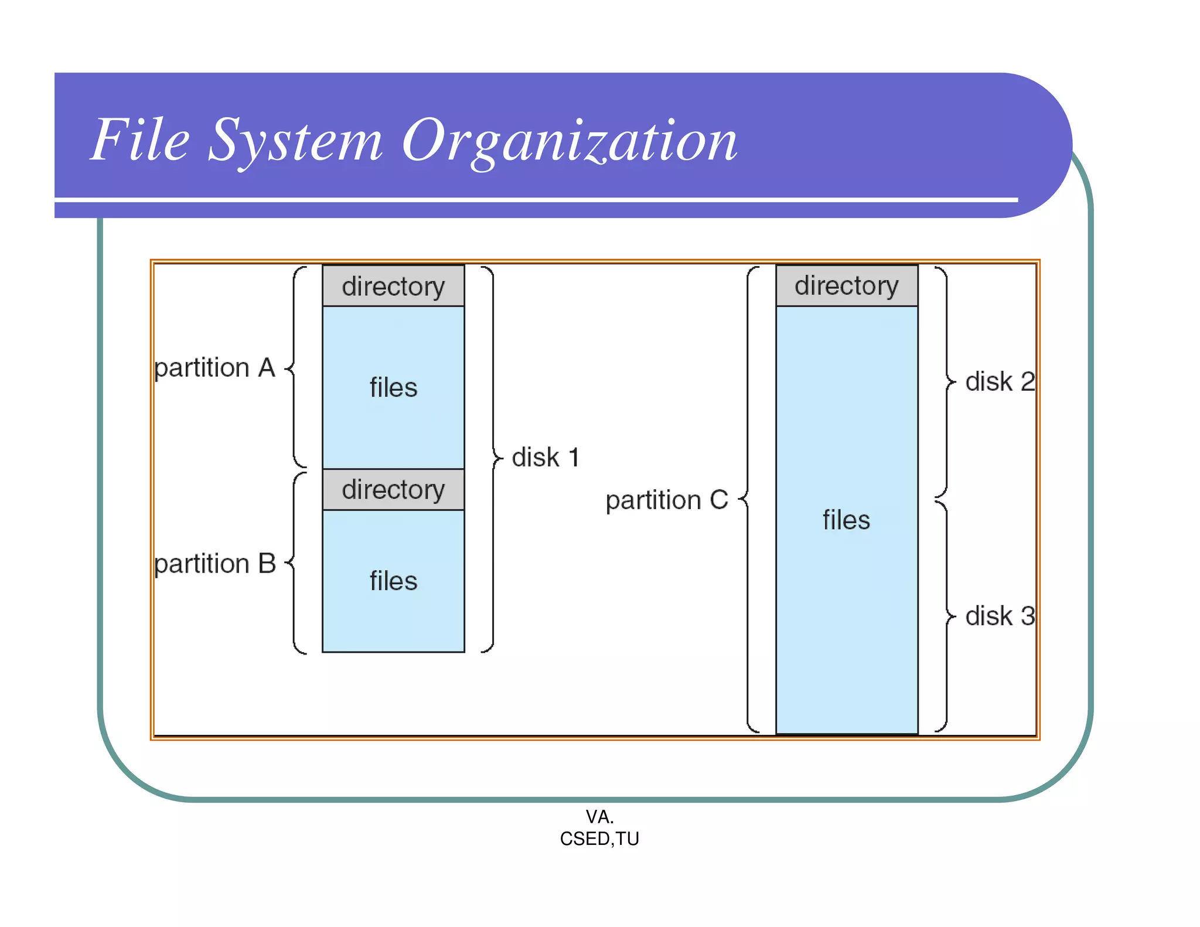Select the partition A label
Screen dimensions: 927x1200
214,368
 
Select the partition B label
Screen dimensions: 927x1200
214,564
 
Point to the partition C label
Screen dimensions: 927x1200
666,500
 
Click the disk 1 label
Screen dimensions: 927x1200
546,458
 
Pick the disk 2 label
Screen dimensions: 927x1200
1000,382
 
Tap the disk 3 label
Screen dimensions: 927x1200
1000,616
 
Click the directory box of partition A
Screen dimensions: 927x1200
393,286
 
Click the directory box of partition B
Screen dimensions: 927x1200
393,489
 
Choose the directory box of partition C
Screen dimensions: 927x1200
847,286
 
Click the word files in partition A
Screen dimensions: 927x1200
393,388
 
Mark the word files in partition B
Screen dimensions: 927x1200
393,581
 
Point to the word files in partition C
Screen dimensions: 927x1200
846,520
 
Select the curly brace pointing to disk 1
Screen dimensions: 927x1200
493,458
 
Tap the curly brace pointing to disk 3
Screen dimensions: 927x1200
946,616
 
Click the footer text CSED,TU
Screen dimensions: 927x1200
599,839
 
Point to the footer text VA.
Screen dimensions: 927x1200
599,817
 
